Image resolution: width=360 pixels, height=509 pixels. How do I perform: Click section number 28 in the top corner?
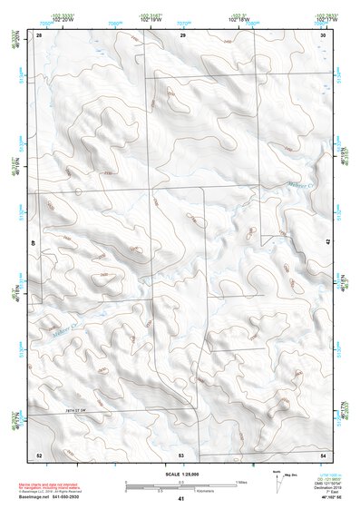point(40,34)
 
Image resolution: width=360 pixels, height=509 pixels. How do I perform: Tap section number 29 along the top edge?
point(182,34)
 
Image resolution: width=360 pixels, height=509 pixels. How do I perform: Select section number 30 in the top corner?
point(324,34)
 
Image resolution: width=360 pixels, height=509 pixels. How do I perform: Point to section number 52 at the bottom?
point(39,454)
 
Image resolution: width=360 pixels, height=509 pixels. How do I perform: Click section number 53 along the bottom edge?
point(181,454)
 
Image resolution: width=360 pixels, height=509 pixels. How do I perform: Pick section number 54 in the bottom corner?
point(324,454)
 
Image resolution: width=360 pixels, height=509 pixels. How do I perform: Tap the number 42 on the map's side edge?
point(327,241)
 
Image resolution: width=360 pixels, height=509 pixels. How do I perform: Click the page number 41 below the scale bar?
point(181,499)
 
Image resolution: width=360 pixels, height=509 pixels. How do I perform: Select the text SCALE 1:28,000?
point(181,474)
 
